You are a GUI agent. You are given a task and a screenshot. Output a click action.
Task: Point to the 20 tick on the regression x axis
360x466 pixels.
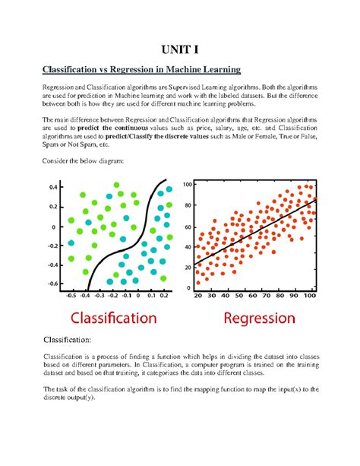200,296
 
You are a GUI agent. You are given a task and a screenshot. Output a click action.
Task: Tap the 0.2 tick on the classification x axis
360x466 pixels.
164,297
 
